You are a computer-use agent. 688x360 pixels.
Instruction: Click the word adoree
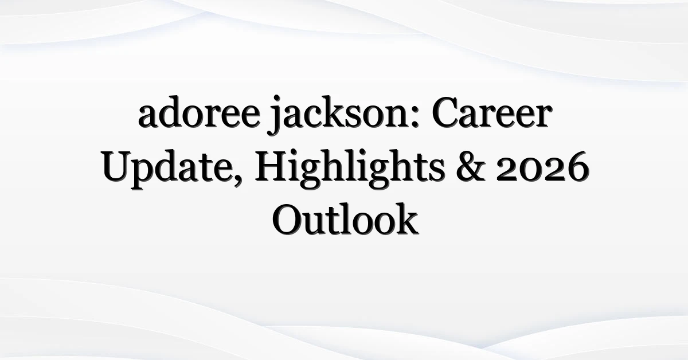[199, 113]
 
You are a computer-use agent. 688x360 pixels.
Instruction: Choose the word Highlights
[349, 169]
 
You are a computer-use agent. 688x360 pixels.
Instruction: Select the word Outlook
[345, 219]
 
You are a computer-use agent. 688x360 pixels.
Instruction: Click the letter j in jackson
[274, 115]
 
